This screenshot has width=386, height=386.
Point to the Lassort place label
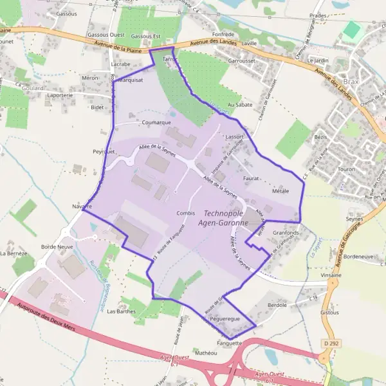tap(234, 137)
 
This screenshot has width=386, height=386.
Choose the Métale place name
tap(280, 191)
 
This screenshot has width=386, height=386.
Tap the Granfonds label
tap(286, 232)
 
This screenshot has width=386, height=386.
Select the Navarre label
tap(82, 207)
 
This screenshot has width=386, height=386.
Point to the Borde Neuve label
tap(57, 246)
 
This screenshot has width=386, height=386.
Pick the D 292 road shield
tap(331, 344)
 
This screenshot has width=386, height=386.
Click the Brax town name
tap(352, 83)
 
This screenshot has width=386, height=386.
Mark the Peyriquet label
tap(103, 151)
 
